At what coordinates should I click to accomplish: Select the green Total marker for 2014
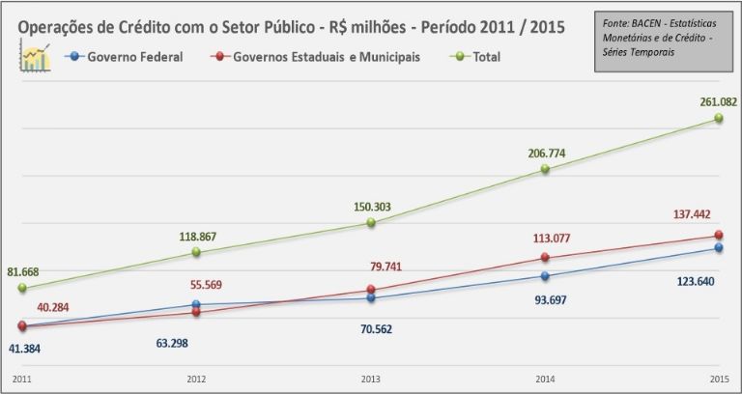pos(545,169)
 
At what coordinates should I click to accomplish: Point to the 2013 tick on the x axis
pos(370,379)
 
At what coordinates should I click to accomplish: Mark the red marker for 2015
pos(719,235)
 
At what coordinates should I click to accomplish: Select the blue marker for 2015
pos(719,248)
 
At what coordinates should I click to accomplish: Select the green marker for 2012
pos(196,252)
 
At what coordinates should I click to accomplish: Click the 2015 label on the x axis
pos(719,379)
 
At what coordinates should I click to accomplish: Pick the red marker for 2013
pos(371,290)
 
